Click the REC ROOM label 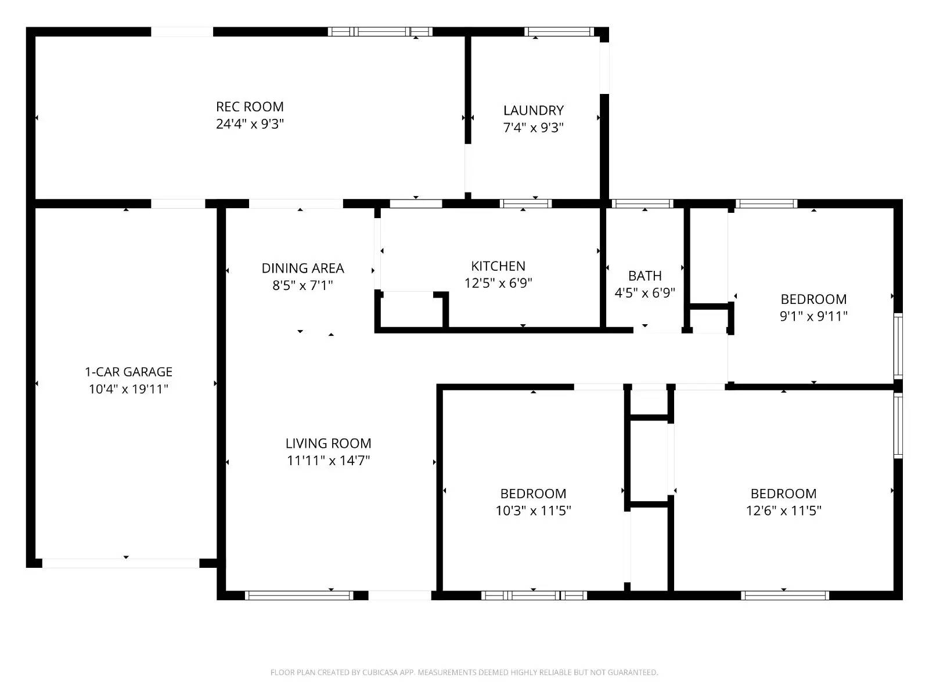point(250,107)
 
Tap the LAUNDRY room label point(533,110)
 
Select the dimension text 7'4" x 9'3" point(533,128)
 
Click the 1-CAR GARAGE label point(128,372)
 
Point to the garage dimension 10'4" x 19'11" point(128,389)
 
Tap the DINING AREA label point(303,268)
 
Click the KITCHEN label point(498,266)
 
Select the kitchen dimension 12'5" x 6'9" point(498,283)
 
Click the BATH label point(644,275)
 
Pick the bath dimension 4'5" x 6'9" point(644,293)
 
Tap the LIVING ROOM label point(328,444)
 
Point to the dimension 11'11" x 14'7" point(328,461)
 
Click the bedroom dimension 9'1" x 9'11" point(813,317)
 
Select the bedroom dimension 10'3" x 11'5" point(533,511)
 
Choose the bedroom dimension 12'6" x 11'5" point(783,511)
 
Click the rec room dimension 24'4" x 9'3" point(250,124)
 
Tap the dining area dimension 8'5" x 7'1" point(303,285)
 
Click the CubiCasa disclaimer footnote point(464,673)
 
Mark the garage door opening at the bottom point(121,563)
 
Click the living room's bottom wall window point(299,595)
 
